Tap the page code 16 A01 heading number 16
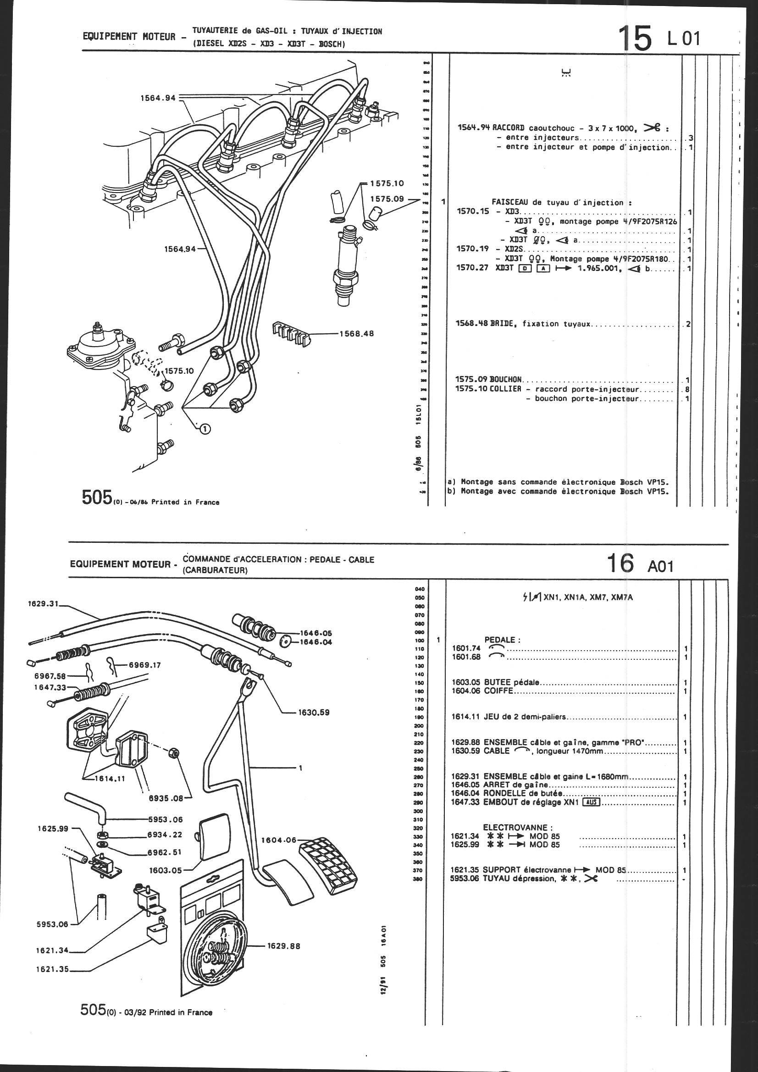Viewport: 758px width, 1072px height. point(621,564)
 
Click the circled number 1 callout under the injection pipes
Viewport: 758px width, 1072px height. point(204,428)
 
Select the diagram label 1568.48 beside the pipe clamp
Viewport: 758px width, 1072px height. point(357,334)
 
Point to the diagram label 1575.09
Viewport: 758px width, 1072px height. point(387,199)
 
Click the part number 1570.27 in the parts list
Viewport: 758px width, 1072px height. point(472,269)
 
